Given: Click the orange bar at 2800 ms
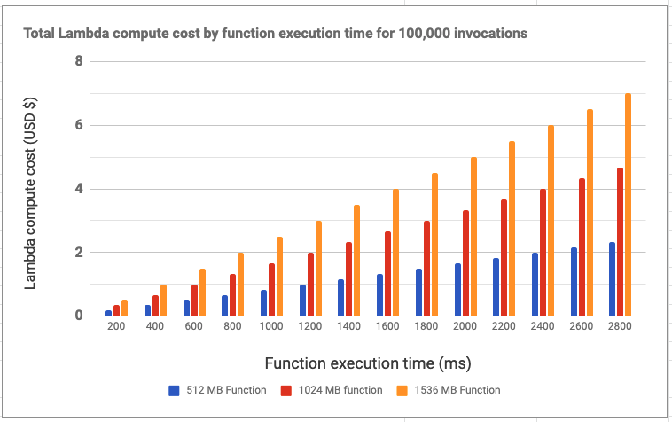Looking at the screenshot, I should point(629,205).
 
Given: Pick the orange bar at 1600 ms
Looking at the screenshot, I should point(395,253).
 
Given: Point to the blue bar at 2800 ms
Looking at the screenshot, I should point(613,279).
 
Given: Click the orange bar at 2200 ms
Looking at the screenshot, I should point(512,229).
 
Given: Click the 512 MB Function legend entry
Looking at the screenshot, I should point(217,390).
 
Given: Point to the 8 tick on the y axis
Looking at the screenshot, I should point(79,61).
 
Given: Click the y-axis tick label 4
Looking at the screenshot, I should point(79,189).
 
